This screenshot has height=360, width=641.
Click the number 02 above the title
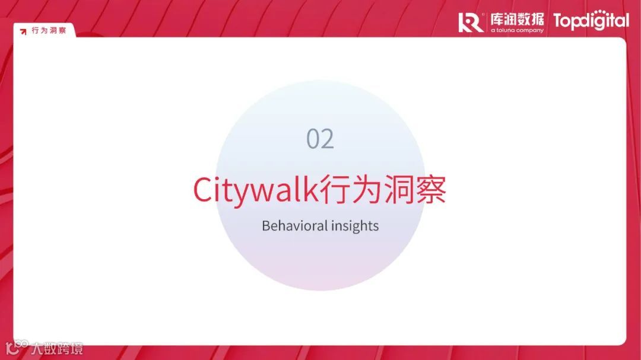point(320,139)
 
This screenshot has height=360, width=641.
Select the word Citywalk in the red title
point(256,190)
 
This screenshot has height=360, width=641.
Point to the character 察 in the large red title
point(430,190)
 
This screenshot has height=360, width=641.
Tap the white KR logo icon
point(471,22)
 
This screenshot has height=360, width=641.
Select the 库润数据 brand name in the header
point(517,20)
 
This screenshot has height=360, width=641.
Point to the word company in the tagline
point(530,30)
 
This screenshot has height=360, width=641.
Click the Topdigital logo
point(591,21)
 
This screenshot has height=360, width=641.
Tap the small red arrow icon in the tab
point(23,31)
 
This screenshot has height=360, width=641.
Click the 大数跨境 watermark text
point(58,348)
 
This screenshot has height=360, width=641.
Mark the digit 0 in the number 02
point(313,139)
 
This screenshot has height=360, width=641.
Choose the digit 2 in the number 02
point(328,139)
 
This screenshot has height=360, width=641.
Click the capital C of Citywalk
point(202,190)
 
